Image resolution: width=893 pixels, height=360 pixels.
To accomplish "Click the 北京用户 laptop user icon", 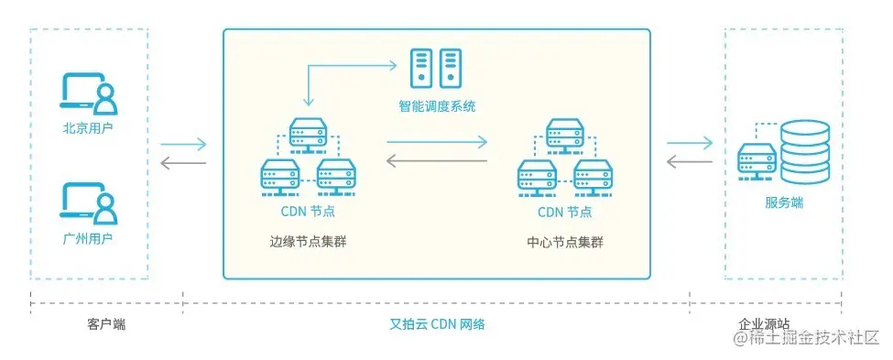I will click(89, 94).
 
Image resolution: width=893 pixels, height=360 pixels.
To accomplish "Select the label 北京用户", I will click(89, 128).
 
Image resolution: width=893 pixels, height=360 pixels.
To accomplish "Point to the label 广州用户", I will click(89, 239).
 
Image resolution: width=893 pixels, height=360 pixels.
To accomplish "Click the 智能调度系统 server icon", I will click(436, 68).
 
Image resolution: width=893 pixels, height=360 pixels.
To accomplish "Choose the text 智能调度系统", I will click(437, 106).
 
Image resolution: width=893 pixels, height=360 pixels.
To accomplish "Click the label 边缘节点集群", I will click(308, 242).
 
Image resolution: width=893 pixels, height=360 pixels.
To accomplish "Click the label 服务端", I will click(784, 202).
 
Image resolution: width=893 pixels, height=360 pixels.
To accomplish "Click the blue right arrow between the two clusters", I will click(436, 142).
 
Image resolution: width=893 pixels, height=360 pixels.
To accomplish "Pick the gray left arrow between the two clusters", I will click(436, 162).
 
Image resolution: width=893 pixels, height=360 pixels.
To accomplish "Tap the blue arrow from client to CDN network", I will click(184, 144).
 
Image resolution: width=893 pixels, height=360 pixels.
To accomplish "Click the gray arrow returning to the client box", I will click(184, 164).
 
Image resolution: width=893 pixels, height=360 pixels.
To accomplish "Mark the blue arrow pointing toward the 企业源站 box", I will click(690, 142).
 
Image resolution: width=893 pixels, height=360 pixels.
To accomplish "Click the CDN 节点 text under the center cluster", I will click(565, 213).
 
